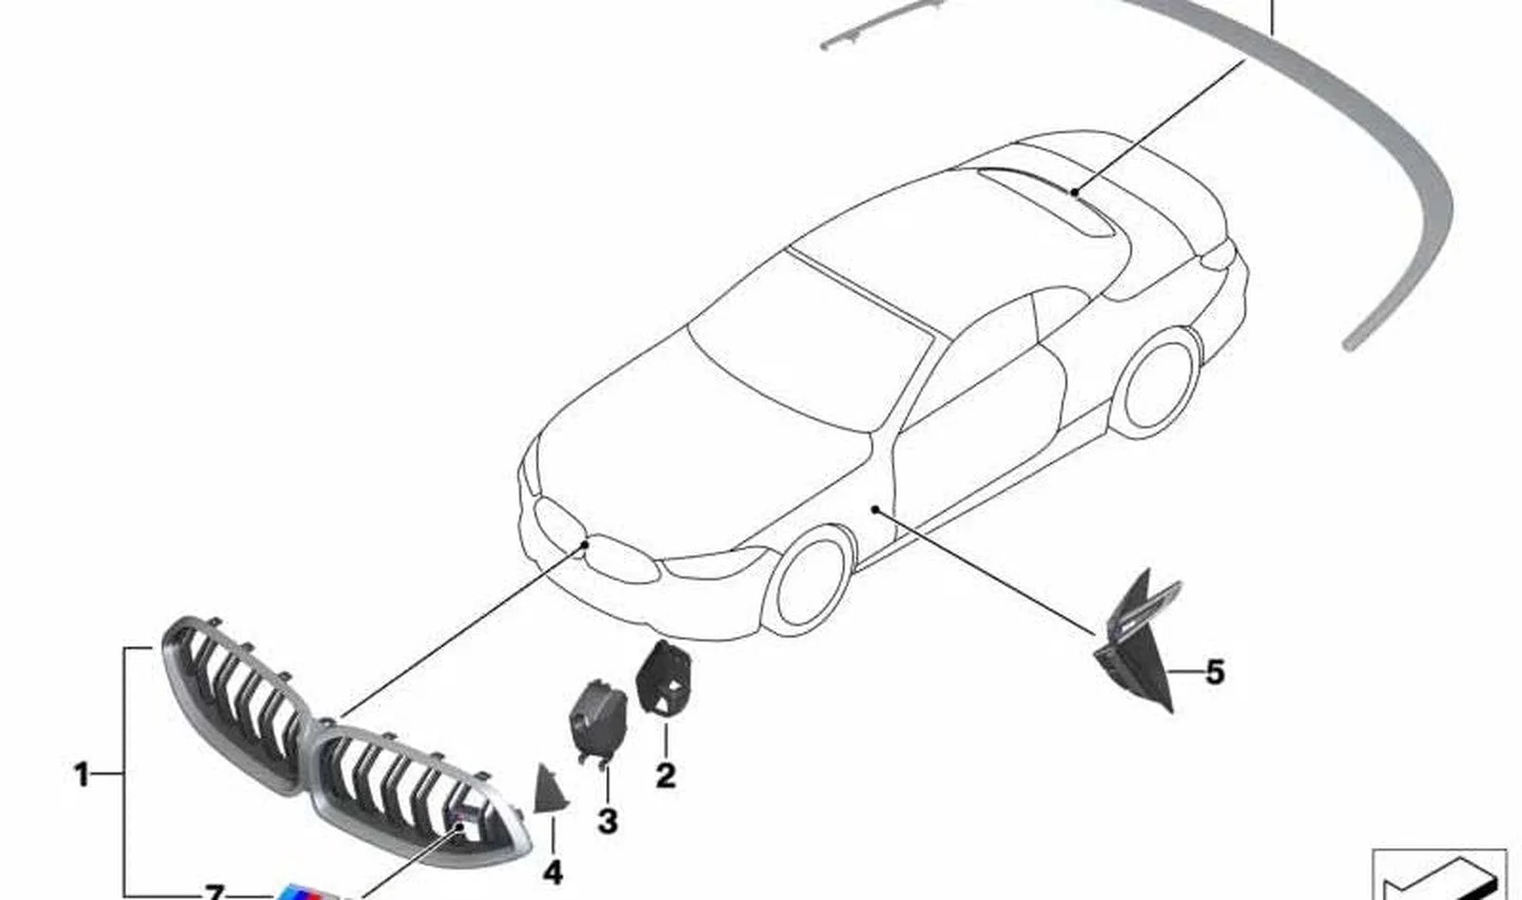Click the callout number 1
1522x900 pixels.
(82, 774)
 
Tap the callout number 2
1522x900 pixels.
(666, 775)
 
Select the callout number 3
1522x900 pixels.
(608, 822)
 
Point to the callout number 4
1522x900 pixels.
(553, 872)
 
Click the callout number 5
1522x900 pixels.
(1215, 673)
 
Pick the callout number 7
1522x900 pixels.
(214, 891)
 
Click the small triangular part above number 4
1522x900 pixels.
(549, 790)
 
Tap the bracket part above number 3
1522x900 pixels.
(597, 722)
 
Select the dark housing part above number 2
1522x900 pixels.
(664, 677)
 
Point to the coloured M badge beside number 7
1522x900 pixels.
(304, 891)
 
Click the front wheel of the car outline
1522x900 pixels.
(808, 583)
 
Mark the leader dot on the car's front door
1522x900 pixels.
(876, 508)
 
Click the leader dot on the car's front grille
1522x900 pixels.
(586, 544)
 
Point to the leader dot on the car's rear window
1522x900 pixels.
(1074, 192)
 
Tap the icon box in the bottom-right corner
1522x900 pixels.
(1438, 875)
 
